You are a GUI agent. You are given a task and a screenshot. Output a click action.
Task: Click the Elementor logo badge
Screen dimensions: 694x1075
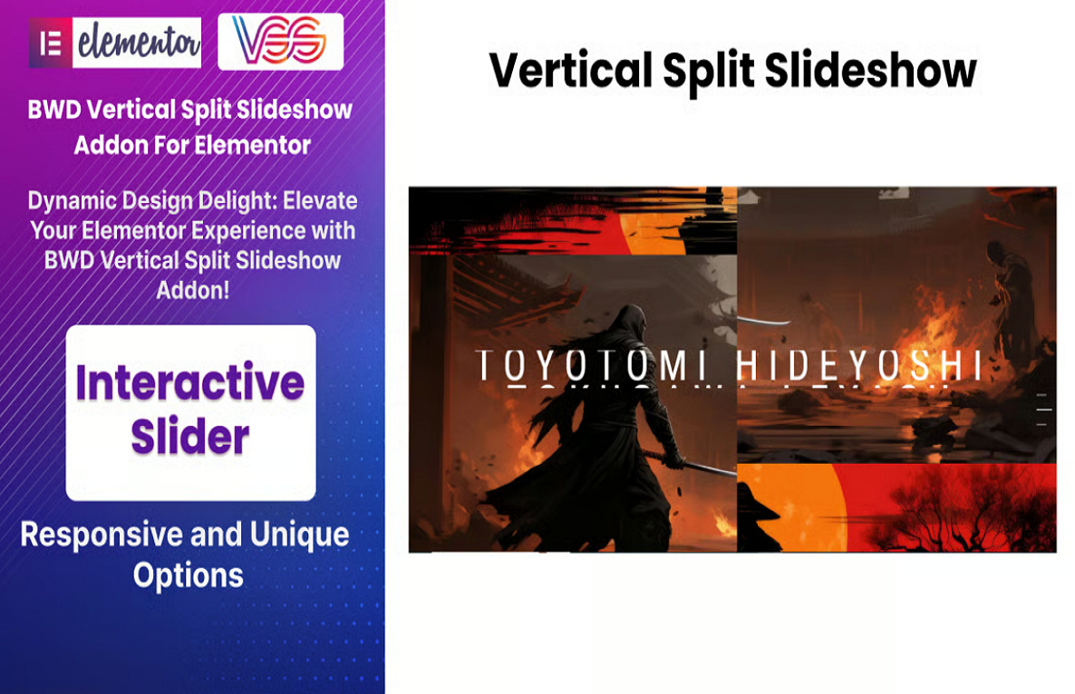point(115,43)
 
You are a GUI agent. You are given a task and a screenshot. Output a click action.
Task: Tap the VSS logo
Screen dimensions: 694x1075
point(280,42)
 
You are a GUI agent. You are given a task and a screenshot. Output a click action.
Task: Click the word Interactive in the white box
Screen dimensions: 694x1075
point(190,383)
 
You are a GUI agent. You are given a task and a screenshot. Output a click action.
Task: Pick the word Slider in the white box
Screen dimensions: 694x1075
point(190,438)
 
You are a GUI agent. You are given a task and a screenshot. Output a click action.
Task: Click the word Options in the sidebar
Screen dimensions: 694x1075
point(189,574)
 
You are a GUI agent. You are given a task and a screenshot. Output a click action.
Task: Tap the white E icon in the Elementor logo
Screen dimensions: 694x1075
point(51,43)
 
